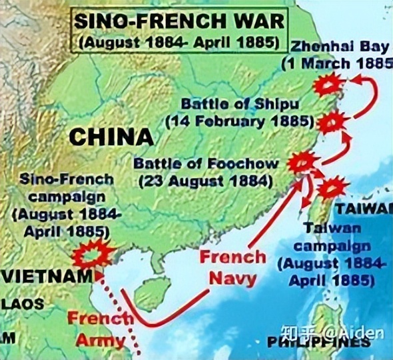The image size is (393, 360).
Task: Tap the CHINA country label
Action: pos(111,137)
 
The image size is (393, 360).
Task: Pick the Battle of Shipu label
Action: pos(240,105)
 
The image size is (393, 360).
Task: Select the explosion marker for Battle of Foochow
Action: pos(302,162)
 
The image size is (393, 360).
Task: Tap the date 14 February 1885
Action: pos(240,122)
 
